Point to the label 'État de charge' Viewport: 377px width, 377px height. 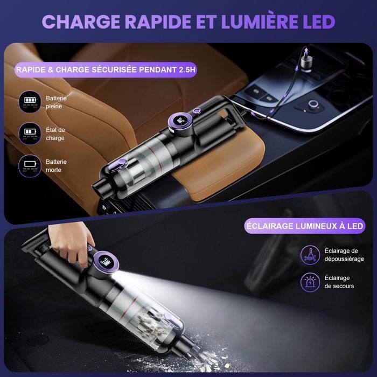[x=55, y=134]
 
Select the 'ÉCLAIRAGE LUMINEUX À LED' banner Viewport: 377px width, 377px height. [x=304, y=225]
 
